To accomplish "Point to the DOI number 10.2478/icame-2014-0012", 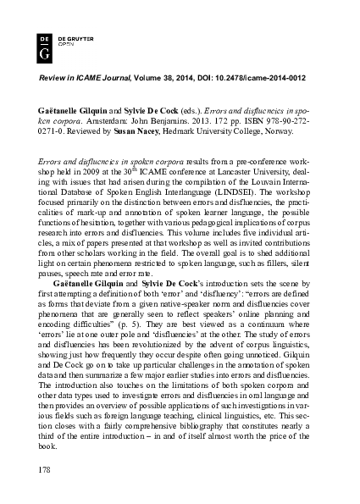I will click(x=260, y=77).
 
